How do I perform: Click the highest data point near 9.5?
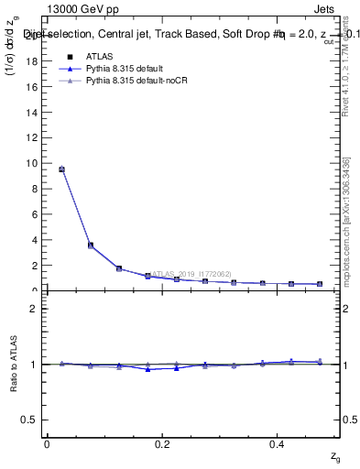click(61, 169)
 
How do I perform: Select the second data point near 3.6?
click(90, 245)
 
